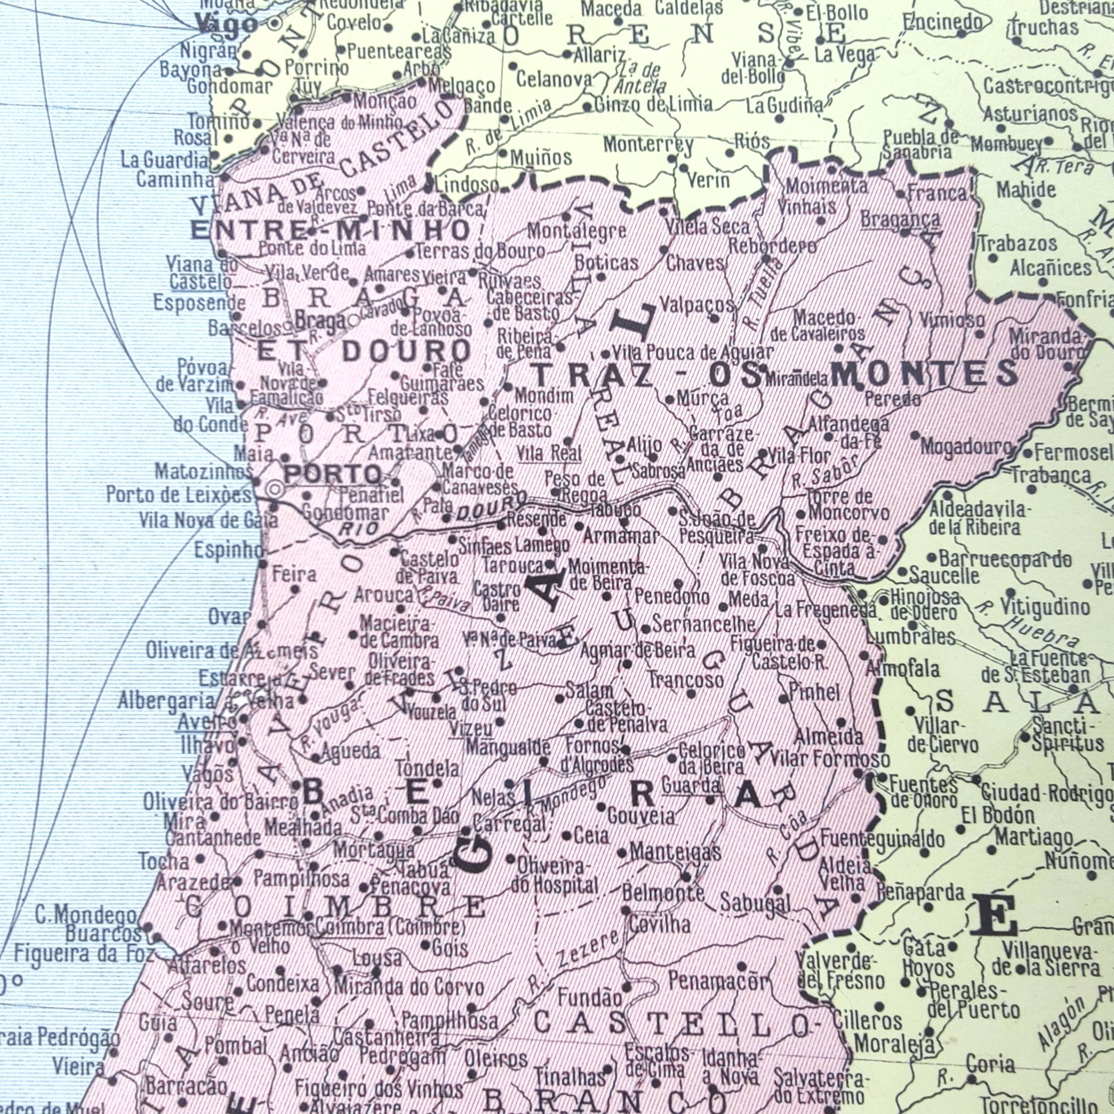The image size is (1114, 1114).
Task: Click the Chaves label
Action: (x=695, y=264)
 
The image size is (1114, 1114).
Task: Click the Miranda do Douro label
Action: (x=1046, y=344)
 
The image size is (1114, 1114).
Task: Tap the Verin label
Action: (x=709, y=181)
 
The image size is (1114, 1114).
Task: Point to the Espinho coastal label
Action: (x=228, y=551)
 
